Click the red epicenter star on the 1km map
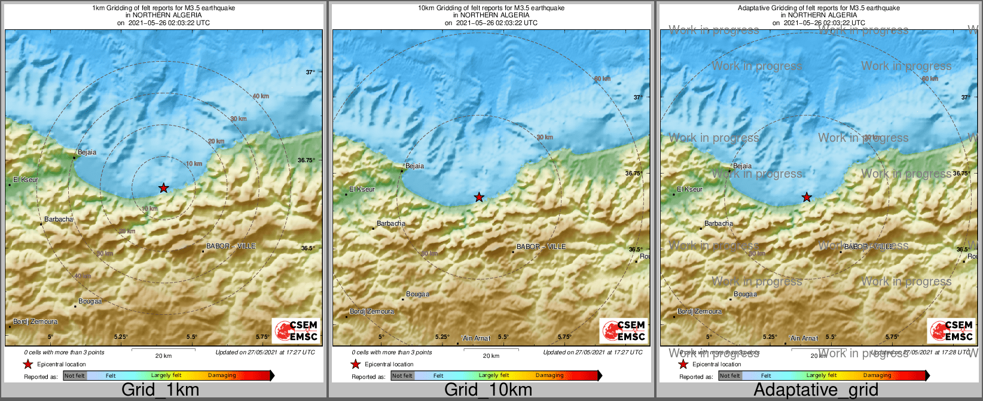coord(163,188)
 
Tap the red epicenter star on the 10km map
coord(479,197)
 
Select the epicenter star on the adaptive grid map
coord(807,197)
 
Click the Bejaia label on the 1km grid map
coord(87,153)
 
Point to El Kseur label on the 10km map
coord(362,190)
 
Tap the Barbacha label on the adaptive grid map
coord(718,224)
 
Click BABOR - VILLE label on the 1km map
coord(231,247)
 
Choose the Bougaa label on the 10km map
coord(417,294)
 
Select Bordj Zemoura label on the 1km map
coord(35,322)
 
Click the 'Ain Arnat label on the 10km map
coord(476,339)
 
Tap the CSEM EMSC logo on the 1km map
coord(297,331)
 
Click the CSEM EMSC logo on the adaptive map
coord(952,331)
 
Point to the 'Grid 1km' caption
coord(160,390)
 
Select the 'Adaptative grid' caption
coord(816,390)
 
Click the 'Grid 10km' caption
coord(488,390)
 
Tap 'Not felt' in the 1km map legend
coord(75,376)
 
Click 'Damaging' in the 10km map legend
coord(549,376)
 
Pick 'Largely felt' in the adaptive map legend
coord(821,376)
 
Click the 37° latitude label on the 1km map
coord(310,72)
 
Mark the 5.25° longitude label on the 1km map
coord(121,337)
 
